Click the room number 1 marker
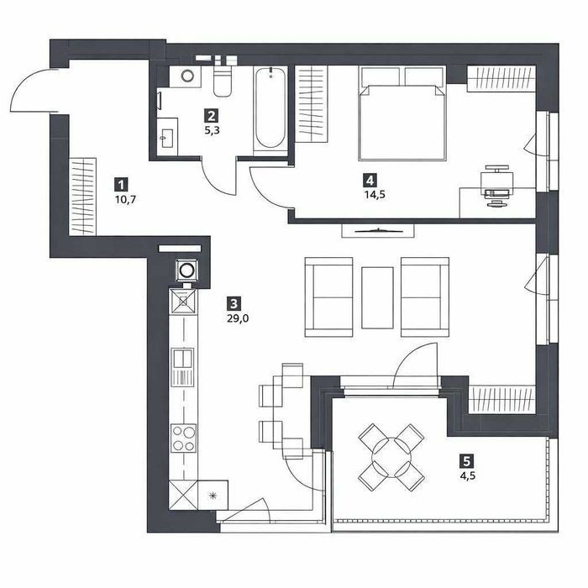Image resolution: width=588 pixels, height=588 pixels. click(x=121, y=185)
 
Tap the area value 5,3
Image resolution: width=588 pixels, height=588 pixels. click(x=212, y=131)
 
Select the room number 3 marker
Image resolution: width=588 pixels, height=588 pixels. click(x=234, y=303)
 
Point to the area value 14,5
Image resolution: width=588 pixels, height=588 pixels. click(x=375, y=195)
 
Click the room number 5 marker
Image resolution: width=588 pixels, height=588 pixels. click(x=466, y=460)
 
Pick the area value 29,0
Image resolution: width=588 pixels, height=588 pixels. click(x=238, y=318)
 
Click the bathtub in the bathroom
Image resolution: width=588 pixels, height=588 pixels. click(x=270, y=108)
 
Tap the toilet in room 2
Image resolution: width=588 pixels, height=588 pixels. click(x=223, y=79)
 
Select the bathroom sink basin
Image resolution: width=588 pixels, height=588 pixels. click(x=167, y=138)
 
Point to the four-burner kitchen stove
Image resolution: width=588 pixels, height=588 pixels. click(x=183, y=438)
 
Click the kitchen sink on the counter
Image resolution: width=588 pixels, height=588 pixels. click(x=182, y=367)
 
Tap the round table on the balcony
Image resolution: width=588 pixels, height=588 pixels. click(x=391, y=457)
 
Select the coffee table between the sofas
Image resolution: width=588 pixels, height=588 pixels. click(x=377, y=297)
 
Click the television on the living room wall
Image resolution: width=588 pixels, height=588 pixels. click(x=378, y=231)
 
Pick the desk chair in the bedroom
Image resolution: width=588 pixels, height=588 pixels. click(x=498, y=186)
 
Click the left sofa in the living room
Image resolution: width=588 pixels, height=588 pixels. click(x=329, y=297)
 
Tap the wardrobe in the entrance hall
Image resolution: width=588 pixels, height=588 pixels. click(x=83, y=197)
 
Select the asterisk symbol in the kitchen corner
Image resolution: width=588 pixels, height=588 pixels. click(x=213, y=496)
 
